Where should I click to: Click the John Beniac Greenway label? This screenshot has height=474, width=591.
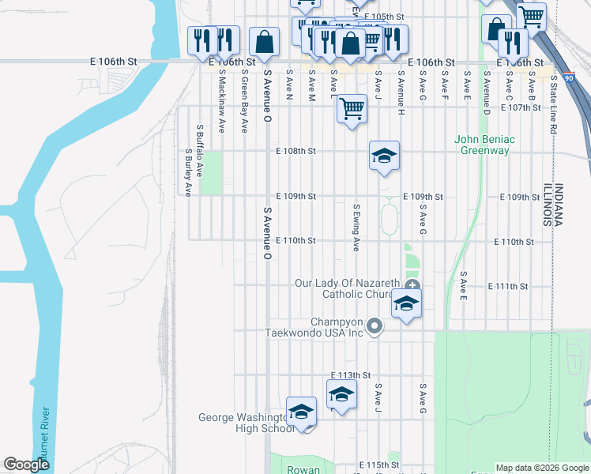click(484, 145)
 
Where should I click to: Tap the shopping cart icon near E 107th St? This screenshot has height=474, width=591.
click(352, 108)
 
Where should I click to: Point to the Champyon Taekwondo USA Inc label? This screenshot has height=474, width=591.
click(337, 327)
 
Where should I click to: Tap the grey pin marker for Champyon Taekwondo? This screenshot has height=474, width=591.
click(376, 325)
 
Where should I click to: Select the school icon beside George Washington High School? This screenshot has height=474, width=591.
click(301, 412)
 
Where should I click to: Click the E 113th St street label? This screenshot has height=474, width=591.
click(351, 374)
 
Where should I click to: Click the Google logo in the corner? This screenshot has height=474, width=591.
click(26, 465)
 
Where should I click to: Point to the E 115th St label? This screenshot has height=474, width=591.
click(378, 465)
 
